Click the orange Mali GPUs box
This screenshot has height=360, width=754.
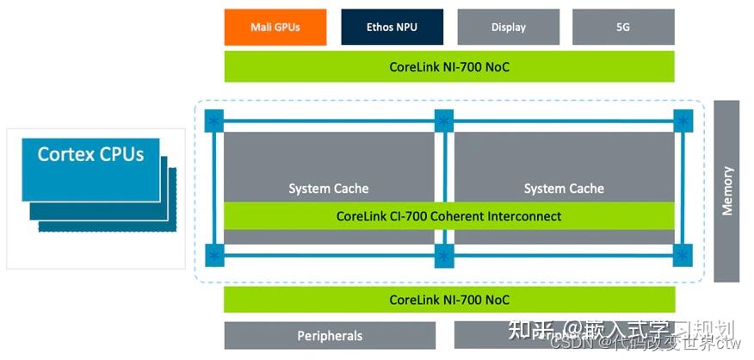pos(275,27)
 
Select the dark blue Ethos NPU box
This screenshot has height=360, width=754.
pos(392,27)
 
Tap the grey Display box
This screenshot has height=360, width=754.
pos(508,27)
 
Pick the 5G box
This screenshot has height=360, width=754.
pos(623,27)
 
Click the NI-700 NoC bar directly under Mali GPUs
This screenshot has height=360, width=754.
pos(448,66)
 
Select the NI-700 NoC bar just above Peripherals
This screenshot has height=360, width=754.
pos(448,300)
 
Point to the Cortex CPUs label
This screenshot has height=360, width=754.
pos(90,155)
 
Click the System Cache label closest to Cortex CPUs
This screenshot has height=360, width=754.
pos(328,189)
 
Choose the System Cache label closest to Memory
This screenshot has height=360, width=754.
pos(564,189)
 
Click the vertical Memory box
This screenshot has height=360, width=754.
pos(726,190)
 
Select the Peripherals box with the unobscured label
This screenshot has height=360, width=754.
pos(330,336)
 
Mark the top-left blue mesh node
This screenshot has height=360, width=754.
pos(213,121)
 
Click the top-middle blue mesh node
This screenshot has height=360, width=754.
pos(444,121)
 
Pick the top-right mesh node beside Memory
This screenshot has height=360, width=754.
pos(683,121)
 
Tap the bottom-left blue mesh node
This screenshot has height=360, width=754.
pos(213,255)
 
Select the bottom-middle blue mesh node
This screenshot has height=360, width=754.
pos(444,255)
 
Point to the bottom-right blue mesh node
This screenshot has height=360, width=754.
pos(683,255)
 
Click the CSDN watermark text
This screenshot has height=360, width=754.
pos(568,343)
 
